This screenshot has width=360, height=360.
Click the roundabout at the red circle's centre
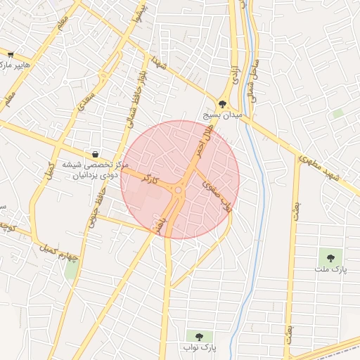[179, 190]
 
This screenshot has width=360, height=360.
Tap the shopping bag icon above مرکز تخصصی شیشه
[95, 154]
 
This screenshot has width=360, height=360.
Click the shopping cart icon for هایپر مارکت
[11, 53]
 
